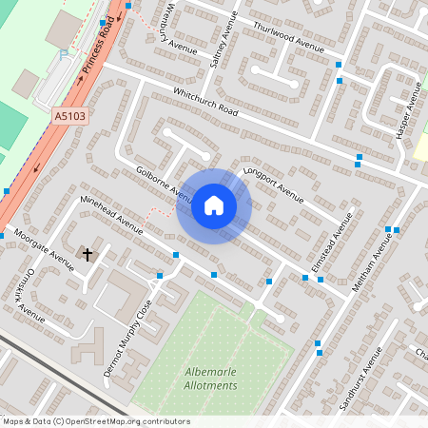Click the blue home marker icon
click(213, 205)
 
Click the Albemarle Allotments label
click(209, 378)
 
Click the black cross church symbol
click(88, 254)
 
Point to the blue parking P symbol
click(65, 55)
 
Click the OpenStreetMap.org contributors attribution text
click(129, 421)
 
